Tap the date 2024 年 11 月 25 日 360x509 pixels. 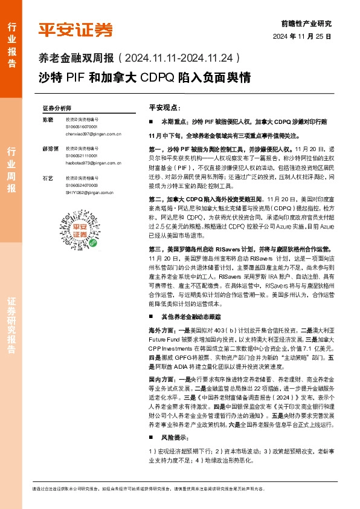coord(303,37)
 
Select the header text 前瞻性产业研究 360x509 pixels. coord(306,24)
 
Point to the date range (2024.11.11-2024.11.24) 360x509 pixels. coord(181,59)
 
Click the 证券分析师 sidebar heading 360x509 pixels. coord(56,107)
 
